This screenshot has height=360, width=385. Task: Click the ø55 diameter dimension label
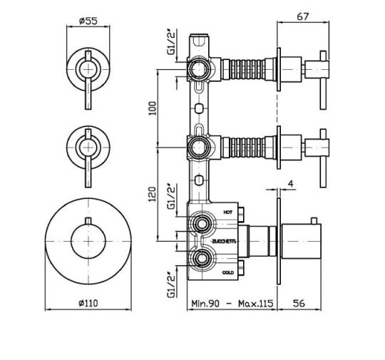point(88,21)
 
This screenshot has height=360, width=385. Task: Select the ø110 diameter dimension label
point(88,303)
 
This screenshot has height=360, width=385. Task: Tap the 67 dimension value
point(302,16)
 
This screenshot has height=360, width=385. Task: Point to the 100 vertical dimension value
point(153,108)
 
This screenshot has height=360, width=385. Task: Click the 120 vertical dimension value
point(153,194)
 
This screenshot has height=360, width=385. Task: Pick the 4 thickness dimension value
point(291,183)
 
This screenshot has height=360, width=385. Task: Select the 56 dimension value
point(299,303)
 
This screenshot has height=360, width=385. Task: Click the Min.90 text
point(205,304)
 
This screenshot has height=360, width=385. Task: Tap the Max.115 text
point(256,304)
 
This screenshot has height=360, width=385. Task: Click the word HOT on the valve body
point(227,212)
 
